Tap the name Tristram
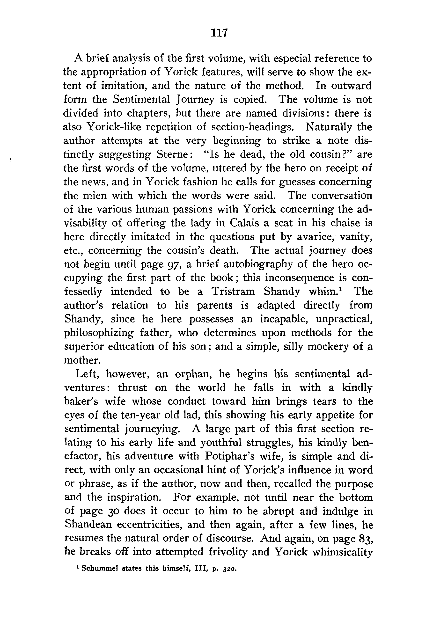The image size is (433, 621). pos(233,292)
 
